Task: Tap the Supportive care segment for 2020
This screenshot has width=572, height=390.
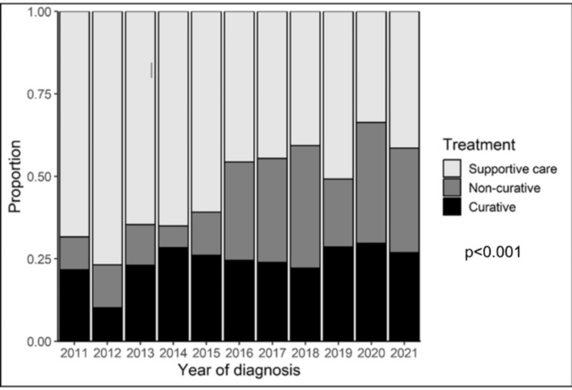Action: tap(371, 67)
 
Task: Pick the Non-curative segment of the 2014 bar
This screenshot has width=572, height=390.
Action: tap(173, 236)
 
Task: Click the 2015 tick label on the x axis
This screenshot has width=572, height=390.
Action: tap(207, 352)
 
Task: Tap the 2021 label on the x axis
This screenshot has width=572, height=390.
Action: tap(404, 352)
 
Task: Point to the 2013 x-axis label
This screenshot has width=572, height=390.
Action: tap(140, 352)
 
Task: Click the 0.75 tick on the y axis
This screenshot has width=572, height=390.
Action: tap(39, 94)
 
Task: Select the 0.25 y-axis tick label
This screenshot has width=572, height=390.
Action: tap(39, 258)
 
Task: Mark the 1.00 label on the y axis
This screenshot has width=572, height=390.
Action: tap(39, 12)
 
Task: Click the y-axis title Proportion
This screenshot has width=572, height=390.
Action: tap(15, 176)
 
